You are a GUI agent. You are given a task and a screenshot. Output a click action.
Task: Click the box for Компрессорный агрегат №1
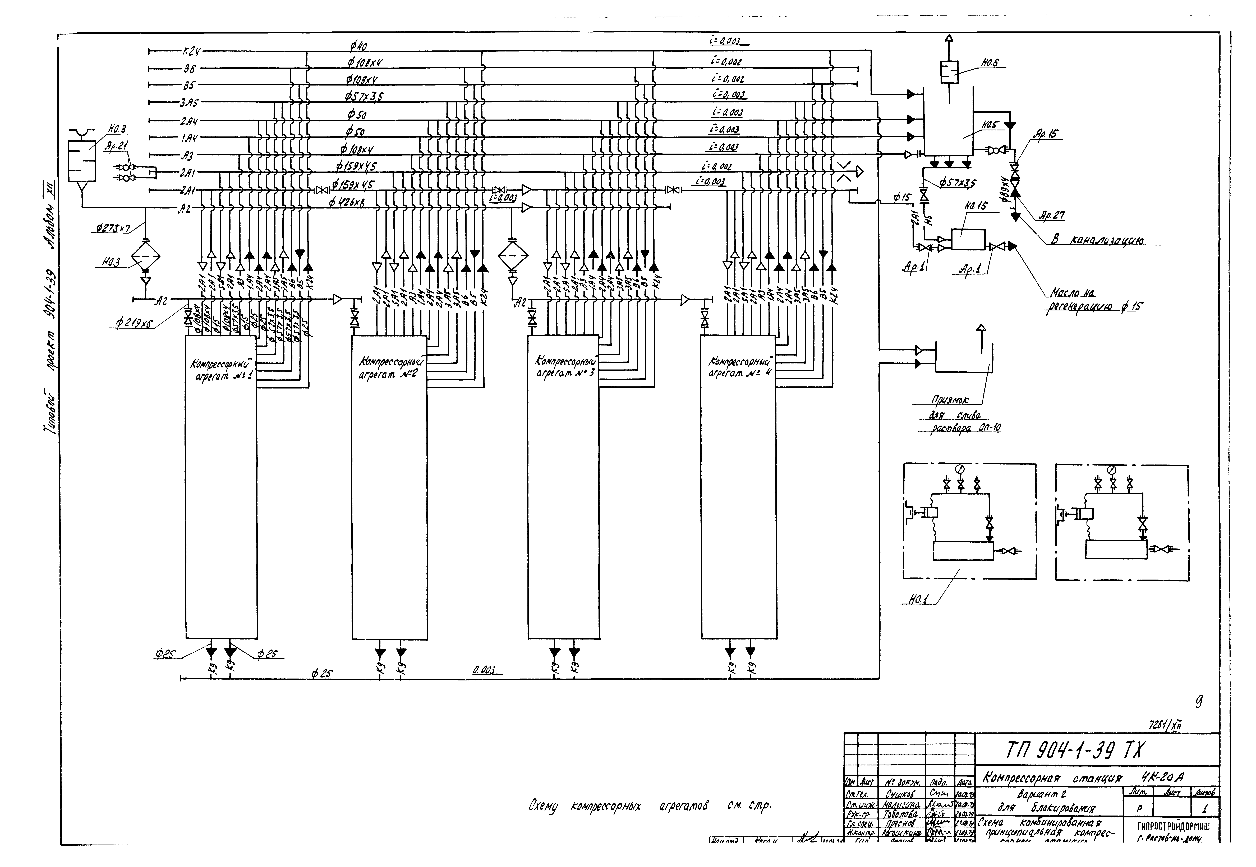220,489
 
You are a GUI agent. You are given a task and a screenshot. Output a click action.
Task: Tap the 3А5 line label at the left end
190,102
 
